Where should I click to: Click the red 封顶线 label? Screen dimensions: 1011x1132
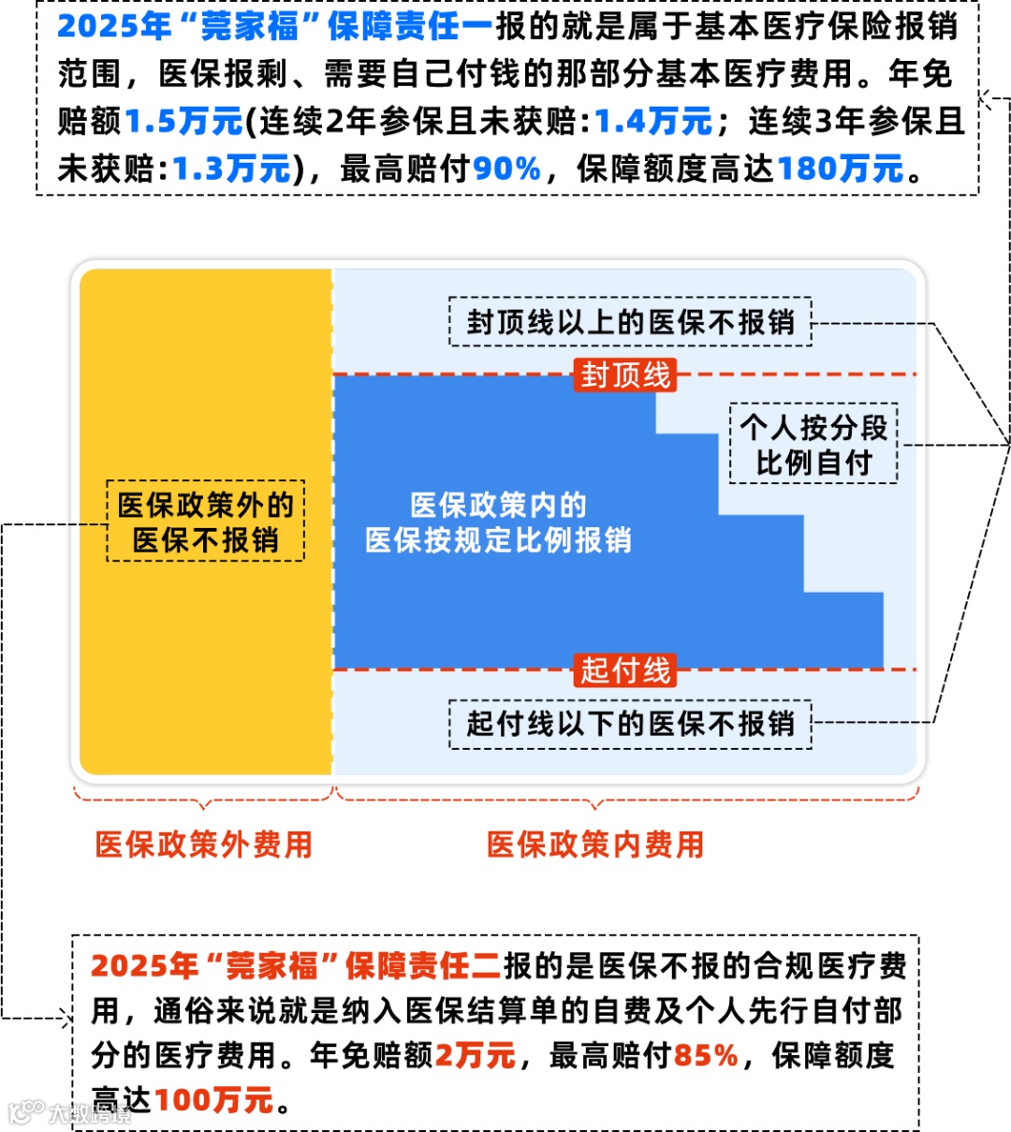[x=624, y=375]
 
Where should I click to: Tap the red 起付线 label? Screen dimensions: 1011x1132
[x=624, y=670]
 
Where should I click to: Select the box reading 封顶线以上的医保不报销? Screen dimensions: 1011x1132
[x=630, y=323]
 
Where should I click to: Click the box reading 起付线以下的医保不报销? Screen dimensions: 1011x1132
[x=630, y=724]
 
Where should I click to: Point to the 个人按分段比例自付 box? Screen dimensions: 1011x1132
[x=813, y=445]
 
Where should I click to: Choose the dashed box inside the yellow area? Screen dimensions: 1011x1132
[x=206, y=522]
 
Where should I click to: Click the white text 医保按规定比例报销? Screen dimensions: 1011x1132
[x=498, y=540]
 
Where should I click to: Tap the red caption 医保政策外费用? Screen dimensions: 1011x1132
[x=203, y=845]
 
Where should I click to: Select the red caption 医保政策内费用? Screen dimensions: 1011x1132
[x=594, y=845]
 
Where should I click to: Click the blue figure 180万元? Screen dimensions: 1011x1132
[x=840, y=169]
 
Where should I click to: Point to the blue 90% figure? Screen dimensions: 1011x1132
[x=506, y=169]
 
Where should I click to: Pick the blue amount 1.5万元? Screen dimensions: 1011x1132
[x=183, y=122]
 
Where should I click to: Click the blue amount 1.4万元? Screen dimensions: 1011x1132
[x=653, y=122]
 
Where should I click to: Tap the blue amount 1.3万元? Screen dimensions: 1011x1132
[x=231, y=169]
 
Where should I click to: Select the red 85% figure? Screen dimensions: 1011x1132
[x=706, y=1056]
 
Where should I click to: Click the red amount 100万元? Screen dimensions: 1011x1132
[x=213, y=1100]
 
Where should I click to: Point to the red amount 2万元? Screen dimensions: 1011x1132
[x=476, y=1056]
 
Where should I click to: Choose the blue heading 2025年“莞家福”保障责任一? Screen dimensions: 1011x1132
[x=274, y=26]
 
